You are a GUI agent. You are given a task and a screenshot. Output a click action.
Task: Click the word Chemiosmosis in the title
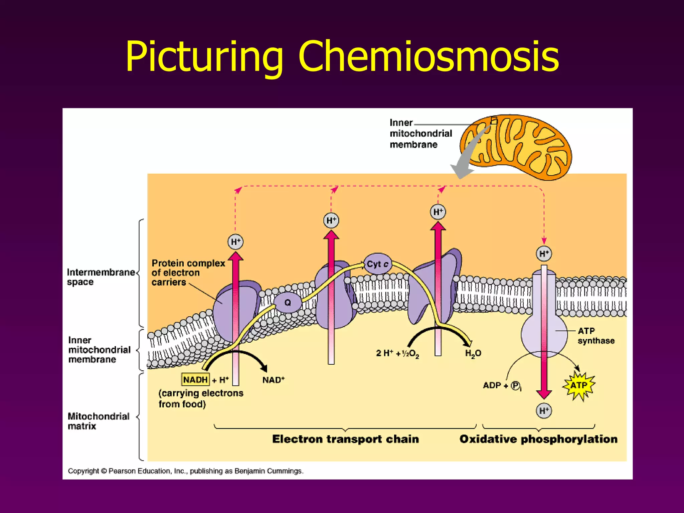(x=428, y=57)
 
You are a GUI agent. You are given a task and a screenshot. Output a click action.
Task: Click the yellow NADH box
(x=195, y=380)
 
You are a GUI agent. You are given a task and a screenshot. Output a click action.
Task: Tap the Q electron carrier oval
(x=288, y=303)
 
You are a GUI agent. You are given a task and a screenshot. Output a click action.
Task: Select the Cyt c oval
(x=377, y=264)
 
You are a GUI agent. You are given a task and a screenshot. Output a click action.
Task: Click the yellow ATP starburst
(x=579, y=385)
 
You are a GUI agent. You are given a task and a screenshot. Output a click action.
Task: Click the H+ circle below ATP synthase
(x=544, y=410)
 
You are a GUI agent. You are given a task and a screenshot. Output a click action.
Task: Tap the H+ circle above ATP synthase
(x=544, y=254)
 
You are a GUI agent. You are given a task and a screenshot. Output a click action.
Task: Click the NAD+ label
(x=273, y=380)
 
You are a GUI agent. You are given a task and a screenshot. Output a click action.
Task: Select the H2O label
(x=473, y=353)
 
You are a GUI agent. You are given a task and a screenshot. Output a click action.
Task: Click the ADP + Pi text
(x=502, y=386)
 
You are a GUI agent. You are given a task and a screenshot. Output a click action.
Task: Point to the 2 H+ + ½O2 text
(x=397, y=353)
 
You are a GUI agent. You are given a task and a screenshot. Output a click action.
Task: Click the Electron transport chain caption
(x=345, y=439)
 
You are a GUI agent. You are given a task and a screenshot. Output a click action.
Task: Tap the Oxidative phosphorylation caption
(x=538, y=439)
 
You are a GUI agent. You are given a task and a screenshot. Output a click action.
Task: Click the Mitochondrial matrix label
(x=98, y=421)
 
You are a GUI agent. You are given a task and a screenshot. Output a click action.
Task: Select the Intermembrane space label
(x=100, y=277)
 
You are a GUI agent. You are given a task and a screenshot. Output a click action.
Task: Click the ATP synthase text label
(x=596, y=336)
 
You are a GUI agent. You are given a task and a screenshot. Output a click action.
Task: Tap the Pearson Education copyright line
(x=185, y=471)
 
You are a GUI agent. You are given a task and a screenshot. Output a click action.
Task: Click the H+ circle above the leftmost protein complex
(x=235, y=242)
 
